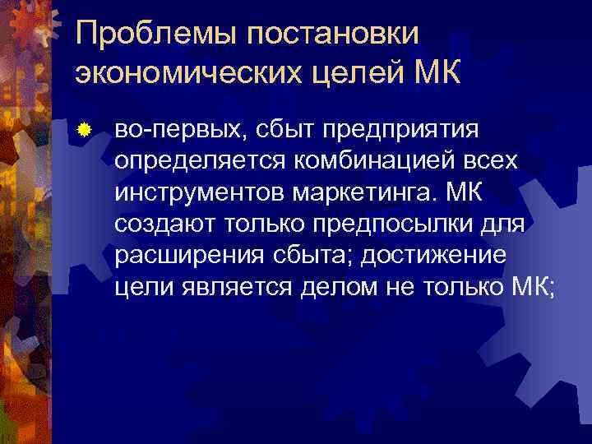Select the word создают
pos(160,223)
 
